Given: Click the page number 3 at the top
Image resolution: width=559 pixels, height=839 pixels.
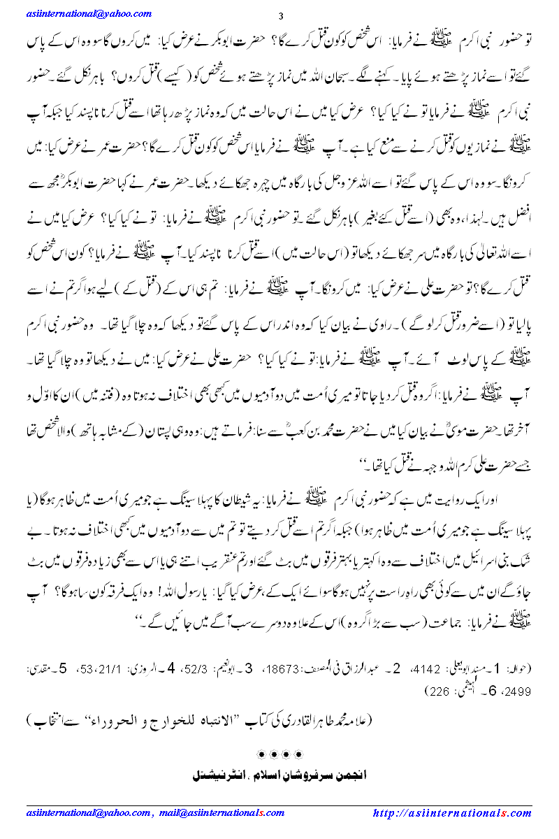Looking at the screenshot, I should (280, 17).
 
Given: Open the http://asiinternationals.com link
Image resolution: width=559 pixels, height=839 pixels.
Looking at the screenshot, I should (452, 812).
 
